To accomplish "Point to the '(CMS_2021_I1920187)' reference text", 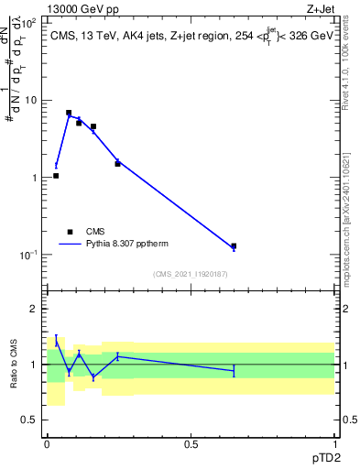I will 190,274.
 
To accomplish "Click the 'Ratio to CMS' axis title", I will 14,365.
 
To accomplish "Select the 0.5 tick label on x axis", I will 190,444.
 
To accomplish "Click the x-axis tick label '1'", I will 334,444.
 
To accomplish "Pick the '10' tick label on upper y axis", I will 29,100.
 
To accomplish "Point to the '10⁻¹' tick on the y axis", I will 27,254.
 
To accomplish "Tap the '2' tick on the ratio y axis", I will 34,310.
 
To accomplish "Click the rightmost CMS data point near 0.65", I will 234,245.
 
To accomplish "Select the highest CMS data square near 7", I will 69,113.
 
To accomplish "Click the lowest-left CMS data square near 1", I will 56,175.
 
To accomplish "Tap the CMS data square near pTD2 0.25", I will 117,163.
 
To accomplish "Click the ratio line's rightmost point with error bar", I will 234,370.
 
